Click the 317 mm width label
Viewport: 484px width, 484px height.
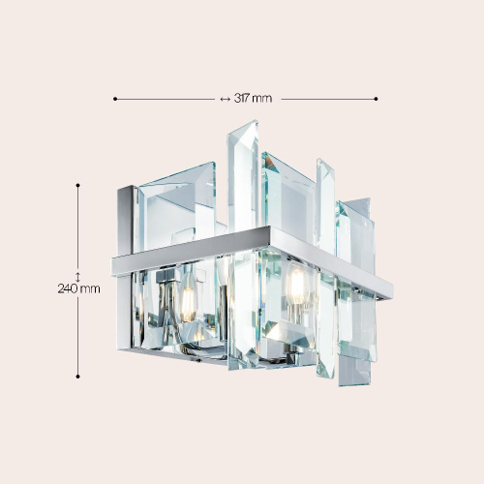pos(253,98)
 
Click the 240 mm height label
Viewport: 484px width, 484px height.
pos(78,288)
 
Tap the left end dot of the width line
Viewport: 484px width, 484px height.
pos(115,99)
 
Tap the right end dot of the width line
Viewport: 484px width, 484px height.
pos(376,99)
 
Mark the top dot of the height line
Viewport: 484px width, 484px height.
pos(77,185)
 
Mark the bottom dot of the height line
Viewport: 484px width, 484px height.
pos(77,377)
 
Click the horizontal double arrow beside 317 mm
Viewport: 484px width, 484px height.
pos(225,99)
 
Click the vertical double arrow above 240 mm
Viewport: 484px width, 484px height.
pos(77,277)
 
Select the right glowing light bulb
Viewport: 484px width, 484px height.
pos(297,283)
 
